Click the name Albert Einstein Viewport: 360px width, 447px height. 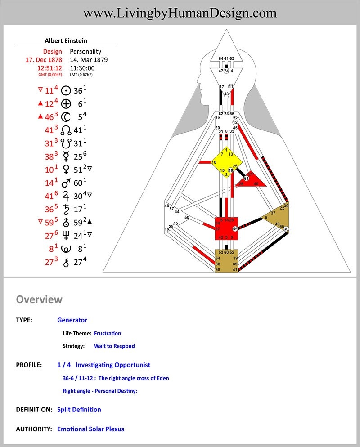coord(66,40)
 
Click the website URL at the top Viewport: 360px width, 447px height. coord(180,13)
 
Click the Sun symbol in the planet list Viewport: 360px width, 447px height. coord(66,91)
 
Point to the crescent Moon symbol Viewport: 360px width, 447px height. coord(66,117)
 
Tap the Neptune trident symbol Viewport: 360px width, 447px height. coord(66,236)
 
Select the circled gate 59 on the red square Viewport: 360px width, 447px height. coord(235,229)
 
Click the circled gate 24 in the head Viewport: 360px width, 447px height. coord(226,71)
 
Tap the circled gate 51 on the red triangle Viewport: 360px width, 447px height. coord(246,179)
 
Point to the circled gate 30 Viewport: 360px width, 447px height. coord(286,229)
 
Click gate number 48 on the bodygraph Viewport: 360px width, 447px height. coord(167,206)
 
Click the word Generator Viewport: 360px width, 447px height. coord(72,320)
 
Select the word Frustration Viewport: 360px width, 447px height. coord(108,333)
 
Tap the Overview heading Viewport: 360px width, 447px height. coord(39,299)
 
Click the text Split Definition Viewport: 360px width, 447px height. coord(79,410)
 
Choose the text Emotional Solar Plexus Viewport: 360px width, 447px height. coord(90,429)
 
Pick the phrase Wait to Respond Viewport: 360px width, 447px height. coord(114,346)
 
